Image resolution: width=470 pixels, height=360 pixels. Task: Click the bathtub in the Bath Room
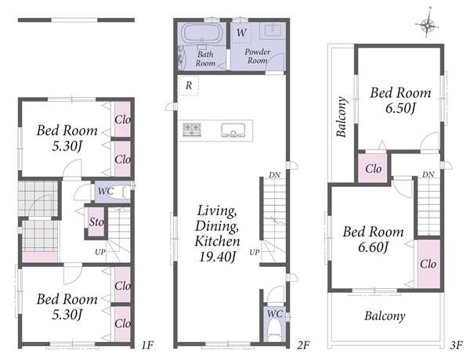click(x=202, y=33)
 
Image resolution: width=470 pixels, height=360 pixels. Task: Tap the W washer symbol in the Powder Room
click(x=241, y=32)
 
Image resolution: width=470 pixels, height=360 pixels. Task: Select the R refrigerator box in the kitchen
click(x=189, y=85)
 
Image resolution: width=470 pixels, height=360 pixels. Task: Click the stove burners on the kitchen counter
click(x=192, y=130)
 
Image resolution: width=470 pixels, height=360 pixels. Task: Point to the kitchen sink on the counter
click(x=233, y=130)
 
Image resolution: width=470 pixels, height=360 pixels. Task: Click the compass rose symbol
click(x=428, y=24)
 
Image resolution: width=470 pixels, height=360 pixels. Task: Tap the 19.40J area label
click(x=217, y=257)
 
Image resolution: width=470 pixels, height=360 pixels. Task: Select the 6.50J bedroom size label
click(x=400, y=108)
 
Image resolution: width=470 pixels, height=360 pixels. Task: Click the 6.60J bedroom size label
click(x=373, y=247)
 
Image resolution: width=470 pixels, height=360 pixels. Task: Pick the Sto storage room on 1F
click(x=96, y=221)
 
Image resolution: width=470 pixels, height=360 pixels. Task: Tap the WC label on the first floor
click(x=106, y=191)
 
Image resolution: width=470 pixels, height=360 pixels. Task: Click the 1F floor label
click(x=147, y=345)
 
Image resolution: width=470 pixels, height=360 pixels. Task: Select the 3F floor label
click(x=456, y=345)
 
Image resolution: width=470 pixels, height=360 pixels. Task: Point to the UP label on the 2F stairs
click(x=254, y=252)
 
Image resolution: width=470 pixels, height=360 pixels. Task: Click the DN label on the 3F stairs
click(x=428, y=175)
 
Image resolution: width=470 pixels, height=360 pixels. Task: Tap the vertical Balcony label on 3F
click(x=342, y=117)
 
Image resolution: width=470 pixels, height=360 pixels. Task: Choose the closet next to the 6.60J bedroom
click(x=428, y=264)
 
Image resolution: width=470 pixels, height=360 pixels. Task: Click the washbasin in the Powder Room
click(x=273, y=31)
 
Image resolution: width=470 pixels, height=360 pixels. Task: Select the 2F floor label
click(x=303, y=345)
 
